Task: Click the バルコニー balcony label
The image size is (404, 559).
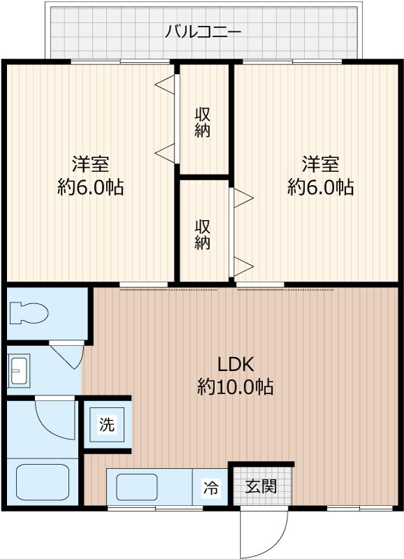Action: coord(203,31)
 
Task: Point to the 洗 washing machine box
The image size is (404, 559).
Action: coord(107,425)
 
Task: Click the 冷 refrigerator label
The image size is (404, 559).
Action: coord(210,488)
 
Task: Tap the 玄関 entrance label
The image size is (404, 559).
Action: coord(261,485)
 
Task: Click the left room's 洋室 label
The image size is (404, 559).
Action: coord(90,165)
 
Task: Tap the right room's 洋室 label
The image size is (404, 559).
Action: coord(320,165)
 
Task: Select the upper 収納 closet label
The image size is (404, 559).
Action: coord(202,122)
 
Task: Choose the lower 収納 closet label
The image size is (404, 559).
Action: coord(202,235)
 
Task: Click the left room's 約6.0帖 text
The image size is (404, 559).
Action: coord(90,187)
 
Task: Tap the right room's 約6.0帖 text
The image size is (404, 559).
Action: coord(320,187)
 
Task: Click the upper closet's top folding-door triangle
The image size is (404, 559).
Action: coord(165,85)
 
